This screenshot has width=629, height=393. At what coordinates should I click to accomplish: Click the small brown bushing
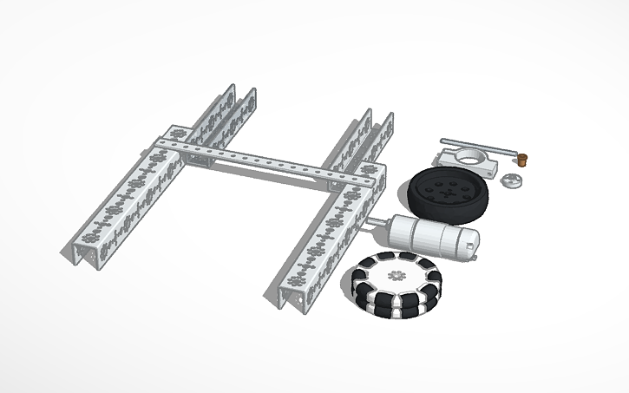point(525,158)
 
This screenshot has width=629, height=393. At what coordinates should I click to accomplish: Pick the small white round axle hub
point(514,181)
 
